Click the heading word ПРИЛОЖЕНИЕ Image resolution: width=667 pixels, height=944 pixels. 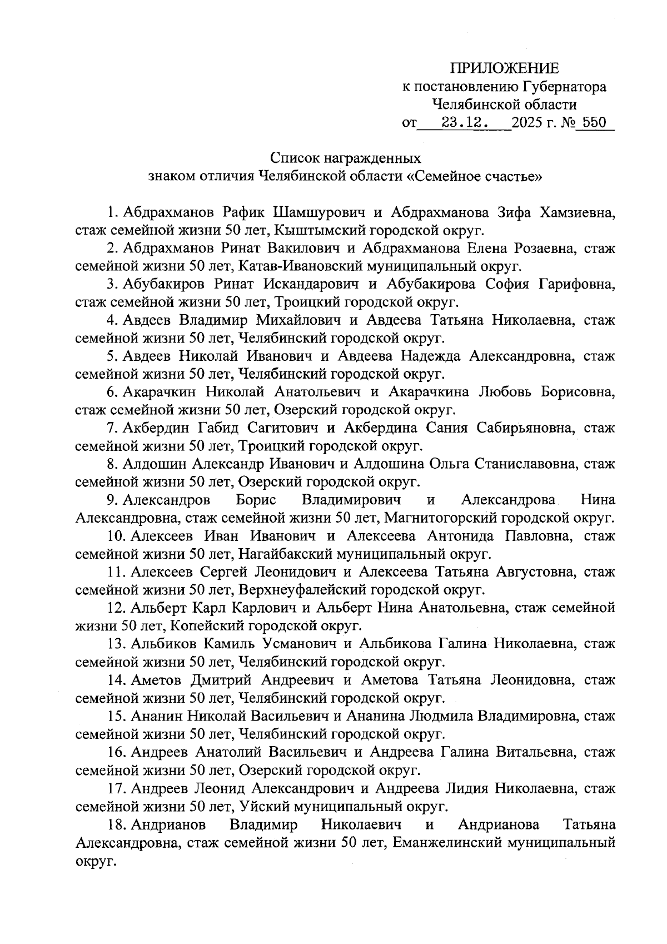click(x=504, y=68)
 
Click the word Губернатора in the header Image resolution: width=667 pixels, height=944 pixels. click(x=564, y=87)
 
